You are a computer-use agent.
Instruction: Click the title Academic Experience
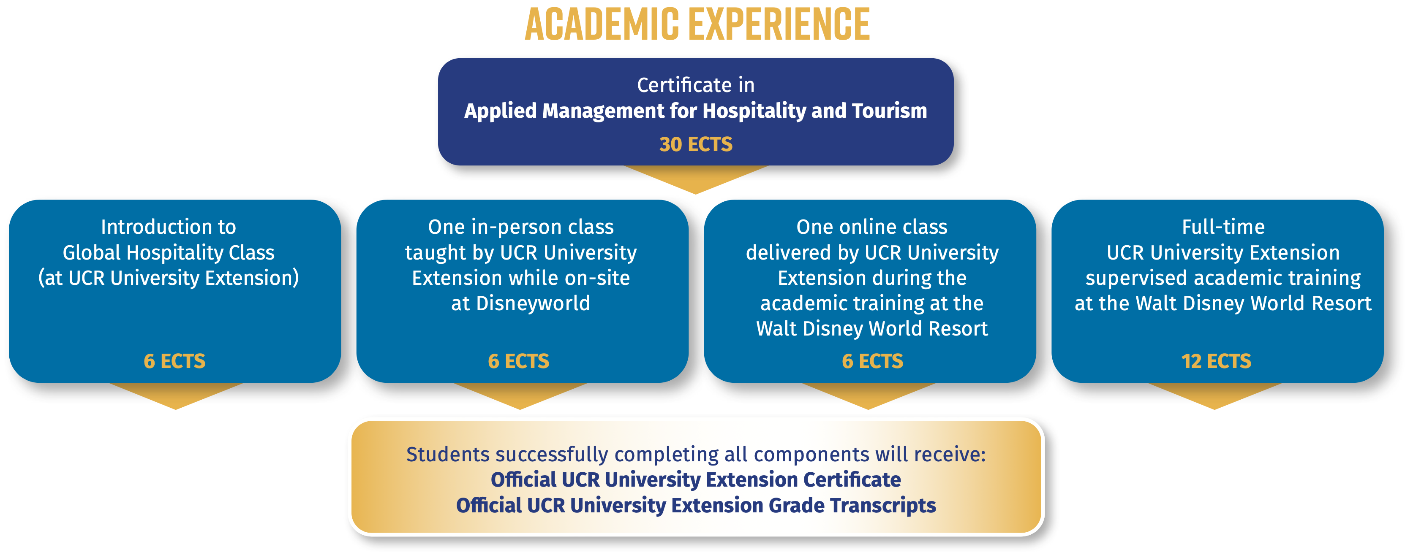point(697,24)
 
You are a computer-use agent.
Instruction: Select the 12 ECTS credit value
point(1216,361)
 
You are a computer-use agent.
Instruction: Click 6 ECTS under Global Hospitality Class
point(174,361)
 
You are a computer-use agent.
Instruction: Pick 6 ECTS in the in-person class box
point(518,361)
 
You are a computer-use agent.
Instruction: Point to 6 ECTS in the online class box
point(872,361)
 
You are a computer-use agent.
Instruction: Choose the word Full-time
point(1223,227)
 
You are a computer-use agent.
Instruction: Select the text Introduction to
point(168,227)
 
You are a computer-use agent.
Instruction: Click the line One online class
point(871,227)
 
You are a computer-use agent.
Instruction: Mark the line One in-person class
point(520,227)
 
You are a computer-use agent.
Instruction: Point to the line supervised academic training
point(1223,278)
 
